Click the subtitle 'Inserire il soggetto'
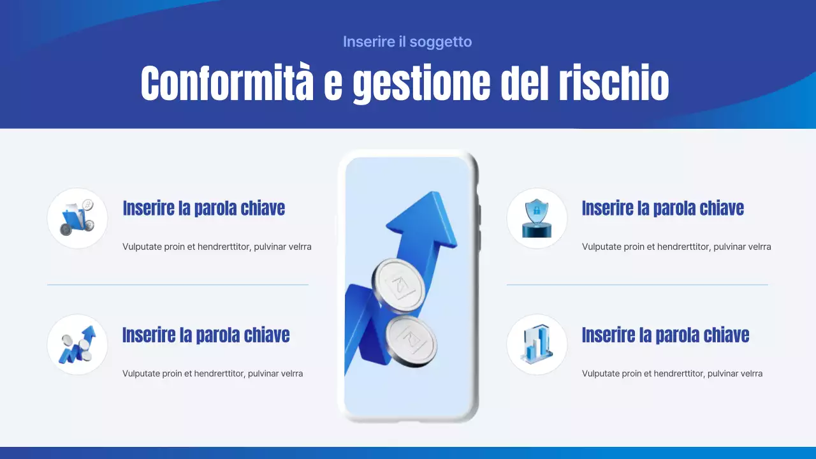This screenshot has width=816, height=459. point(407,42)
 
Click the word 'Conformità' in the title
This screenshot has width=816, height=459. point(227,84)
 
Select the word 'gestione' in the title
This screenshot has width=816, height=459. point(421,84)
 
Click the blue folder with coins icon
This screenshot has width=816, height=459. point(77,218)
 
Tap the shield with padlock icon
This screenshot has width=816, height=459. point(536,218)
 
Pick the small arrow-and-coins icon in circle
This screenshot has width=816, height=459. point(77,345)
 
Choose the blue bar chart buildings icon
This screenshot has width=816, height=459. point(536,345)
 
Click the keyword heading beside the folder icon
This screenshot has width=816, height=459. point(203,208)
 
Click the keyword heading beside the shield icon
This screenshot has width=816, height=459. point(662,208)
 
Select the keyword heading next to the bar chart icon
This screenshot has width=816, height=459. point(665,335)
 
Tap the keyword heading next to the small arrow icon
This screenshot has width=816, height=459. point(206,335)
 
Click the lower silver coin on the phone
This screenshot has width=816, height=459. point(411,340)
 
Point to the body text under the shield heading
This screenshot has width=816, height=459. point(676,247)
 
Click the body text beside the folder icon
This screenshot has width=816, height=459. point(217,247)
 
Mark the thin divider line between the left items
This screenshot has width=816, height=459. point(177,284)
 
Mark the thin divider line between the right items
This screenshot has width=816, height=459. point(637,284)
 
